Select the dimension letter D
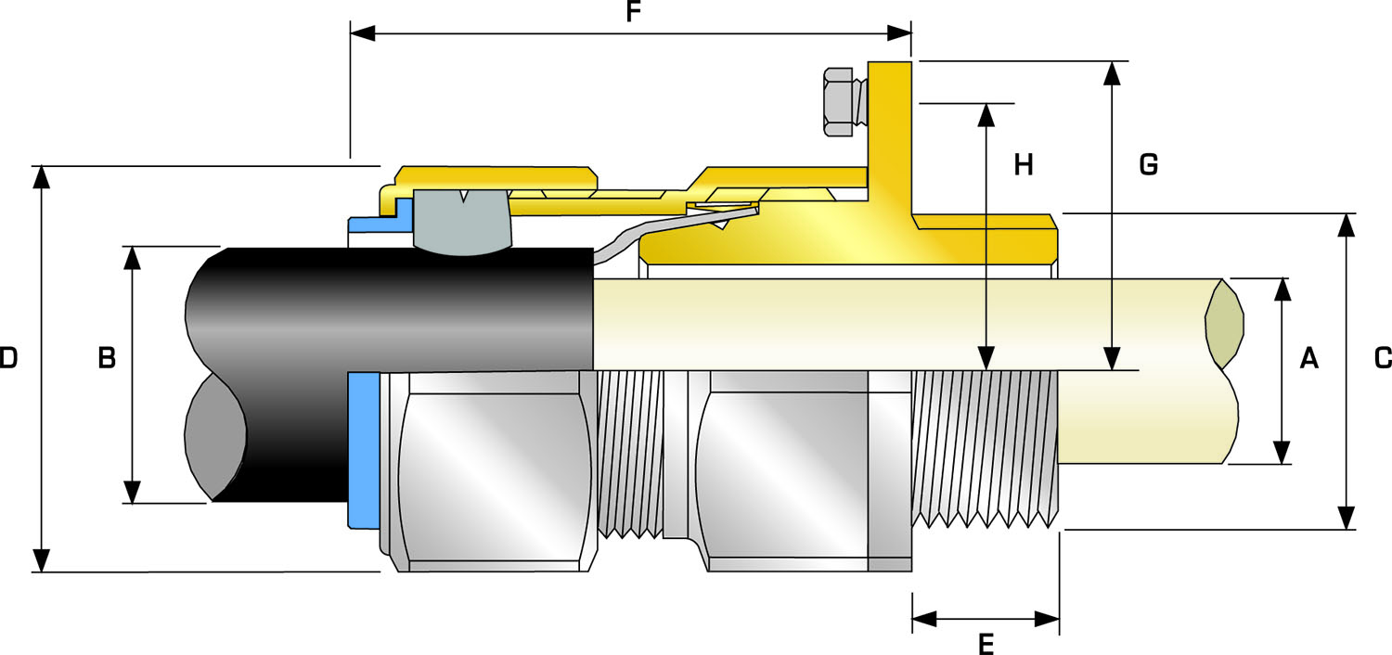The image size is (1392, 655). (x=8, y=358)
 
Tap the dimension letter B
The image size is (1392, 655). (x=107, y=358)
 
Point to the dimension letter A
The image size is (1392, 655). (x=1308, y=358)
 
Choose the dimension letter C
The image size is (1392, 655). (x=1382, y=358)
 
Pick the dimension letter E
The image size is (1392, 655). (x=986, y=643)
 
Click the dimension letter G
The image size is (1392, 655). (x=1148, y=165)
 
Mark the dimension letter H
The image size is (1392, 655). (x=1024, y=165)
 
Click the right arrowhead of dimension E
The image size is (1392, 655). (x=1048, y=619)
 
